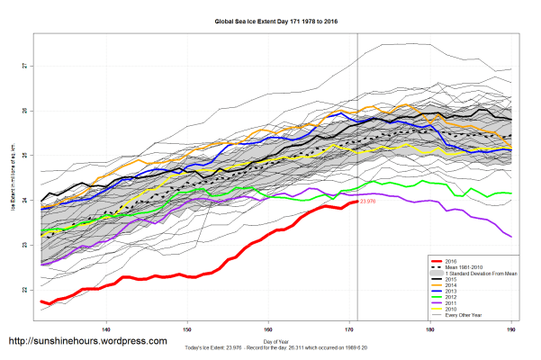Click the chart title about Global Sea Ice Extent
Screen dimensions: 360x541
(x=270, y=19)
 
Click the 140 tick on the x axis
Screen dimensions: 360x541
(x=106, y=328)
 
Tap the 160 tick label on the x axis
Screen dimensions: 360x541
(x=268, y=328)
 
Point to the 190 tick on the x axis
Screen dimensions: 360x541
(x=511, y=328)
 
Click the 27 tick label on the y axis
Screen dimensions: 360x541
(x=24, y=67)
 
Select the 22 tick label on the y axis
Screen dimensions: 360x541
(x=24, y=290)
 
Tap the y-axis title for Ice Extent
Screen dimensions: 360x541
(x=12, y=180)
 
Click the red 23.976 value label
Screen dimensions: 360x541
(x=367, y=202)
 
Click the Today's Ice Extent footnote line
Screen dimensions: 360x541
(x=270, y=348)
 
